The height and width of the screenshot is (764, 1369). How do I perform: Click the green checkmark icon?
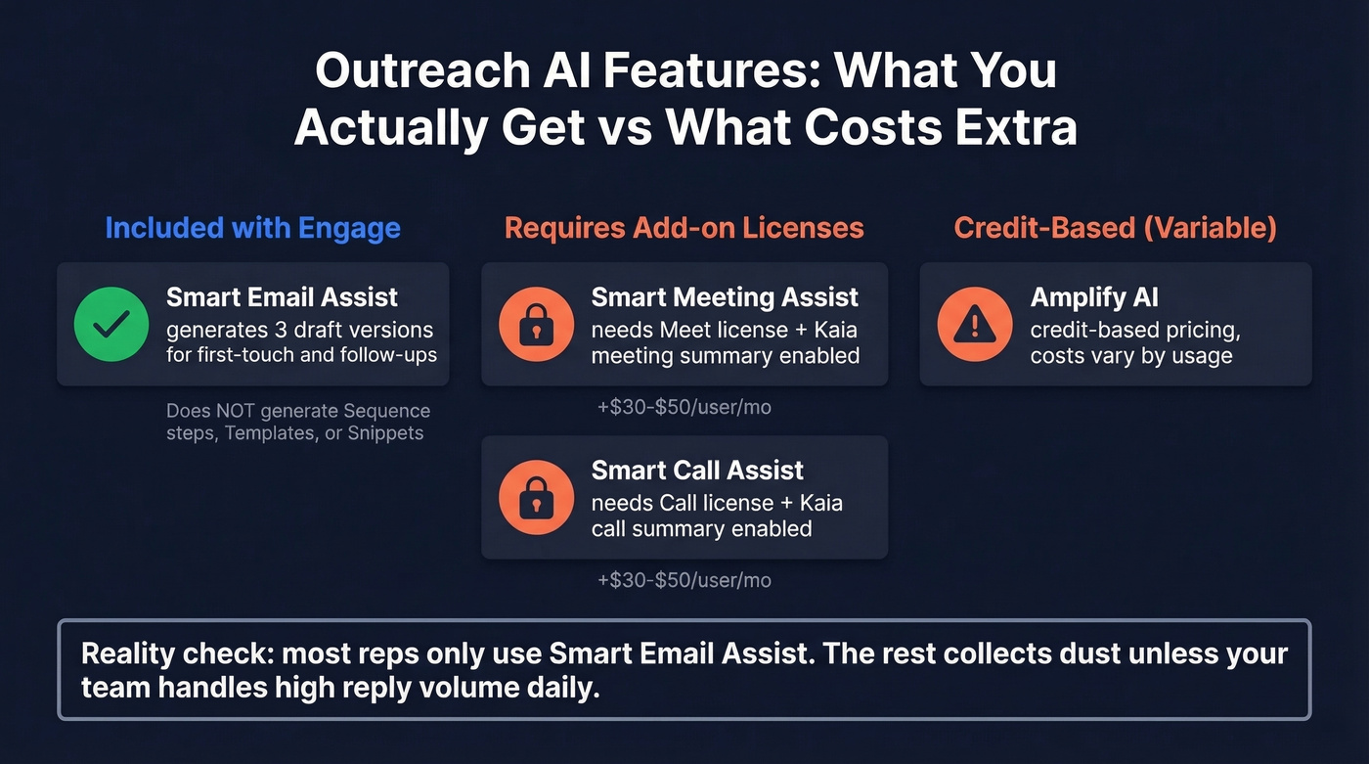pyautogui.click(x=111, y=324)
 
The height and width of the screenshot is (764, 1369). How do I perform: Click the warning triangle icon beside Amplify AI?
pyautogui.click(x=974, y=324)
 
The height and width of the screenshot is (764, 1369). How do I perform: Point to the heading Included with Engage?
pyautogui.click(x=252, y=228)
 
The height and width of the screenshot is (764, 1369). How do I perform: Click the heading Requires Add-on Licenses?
pyautogui.click(x=684, y=228)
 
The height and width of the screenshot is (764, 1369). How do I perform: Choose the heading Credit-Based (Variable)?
pyautogui.click(x=1115, y=228)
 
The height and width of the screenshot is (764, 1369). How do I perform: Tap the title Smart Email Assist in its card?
pyautogui.click(x=282, y=296)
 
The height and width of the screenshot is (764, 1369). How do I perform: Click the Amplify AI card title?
pyautogui.click(x=1093, y=296)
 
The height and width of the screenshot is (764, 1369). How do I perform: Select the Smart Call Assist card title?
pyautogui.click(x=697, y=470)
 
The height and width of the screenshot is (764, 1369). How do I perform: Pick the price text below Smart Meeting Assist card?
pyautogui.click(x=684, y=407)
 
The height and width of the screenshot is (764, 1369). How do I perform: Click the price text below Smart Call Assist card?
pyautogui.click(x=684, y=580)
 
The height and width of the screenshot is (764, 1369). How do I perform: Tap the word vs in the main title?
pyautogui.click(x=626, y=127)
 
